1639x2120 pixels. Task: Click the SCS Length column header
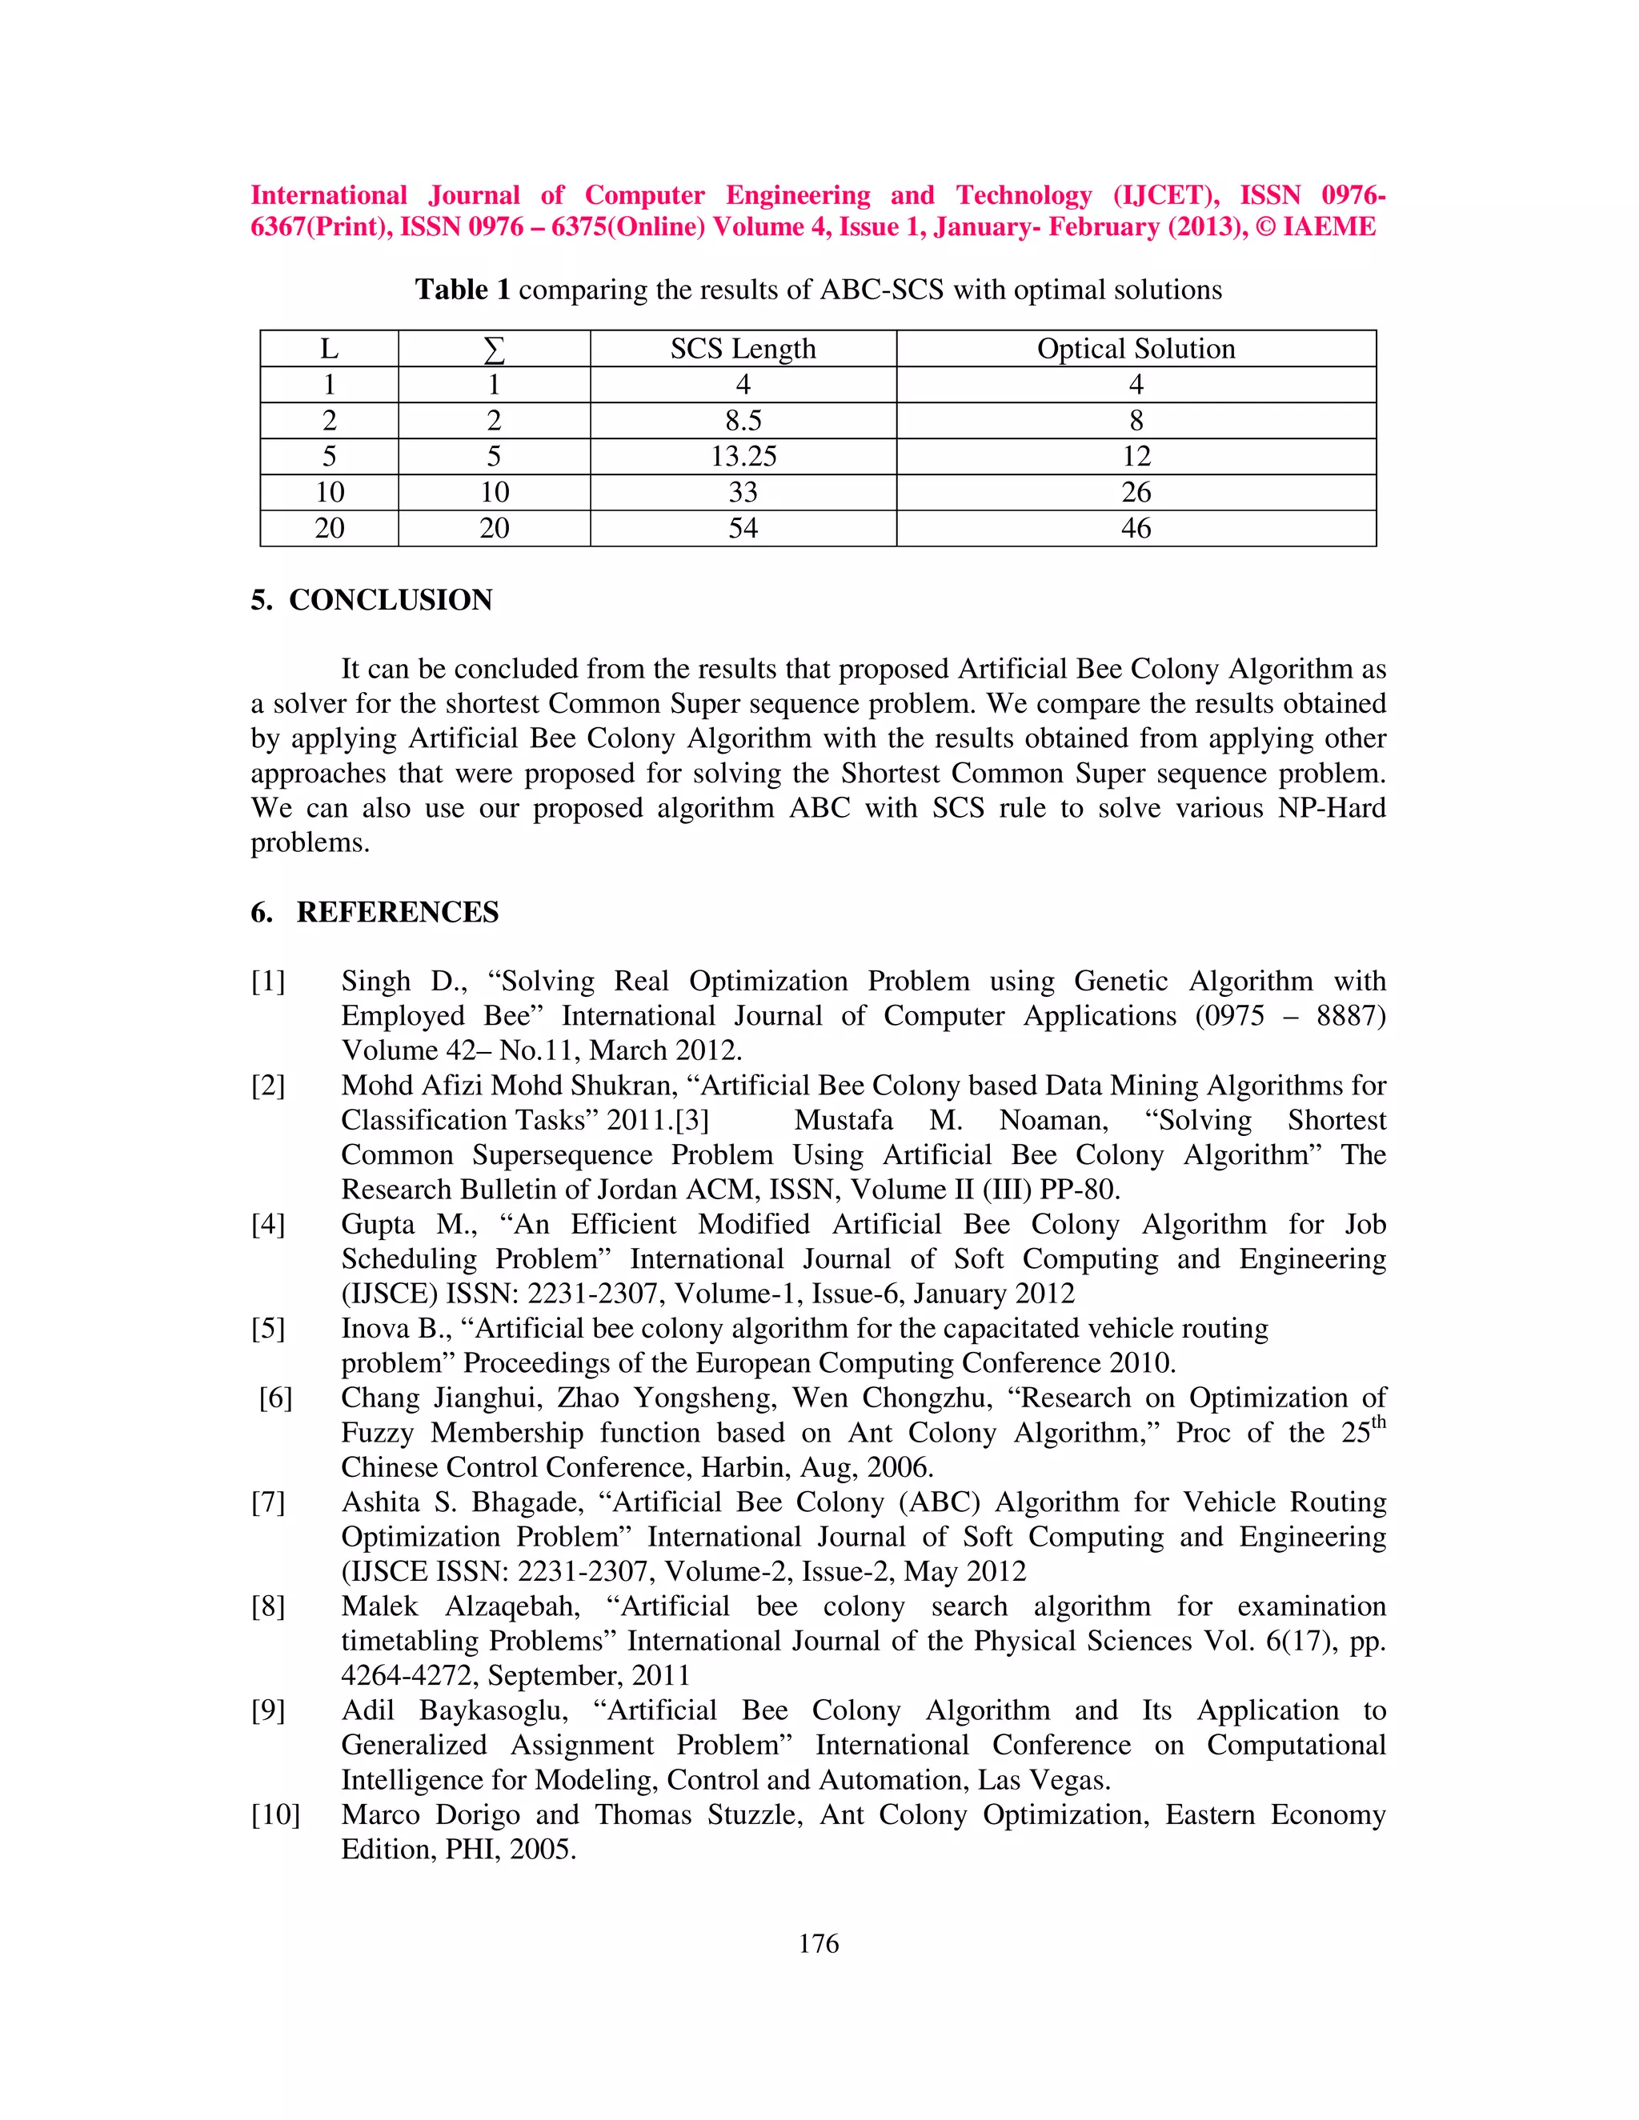743,349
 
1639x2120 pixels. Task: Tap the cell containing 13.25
743,456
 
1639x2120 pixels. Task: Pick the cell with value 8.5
743,420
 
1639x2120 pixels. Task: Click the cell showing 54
743,528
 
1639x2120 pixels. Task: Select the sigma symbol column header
495,349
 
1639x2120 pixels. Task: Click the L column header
329,349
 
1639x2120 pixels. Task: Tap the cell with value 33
743,492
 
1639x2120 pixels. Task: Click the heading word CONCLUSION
391,600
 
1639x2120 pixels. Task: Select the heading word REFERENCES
397,913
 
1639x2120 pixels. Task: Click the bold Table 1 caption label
463,290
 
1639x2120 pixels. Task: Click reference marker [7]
268,1502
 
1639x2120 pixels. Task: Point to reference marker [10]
276,1815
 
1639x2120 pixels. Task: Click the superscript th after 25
1378,1423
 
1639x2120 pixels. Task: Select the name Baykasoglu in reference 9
493,1710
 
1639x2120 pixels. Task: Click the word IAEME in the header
1329,227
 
